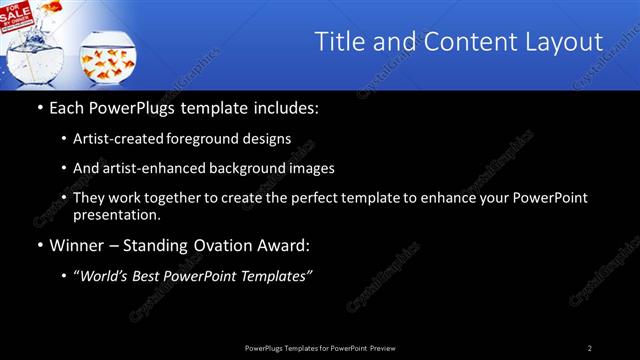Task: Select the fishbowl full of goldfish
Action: (104, 59)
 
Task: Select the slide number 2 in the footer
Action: (590, 348)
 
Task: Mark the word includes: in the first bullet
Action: (288, 107)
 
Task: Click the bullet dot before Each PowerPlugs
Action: (39, 107)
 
